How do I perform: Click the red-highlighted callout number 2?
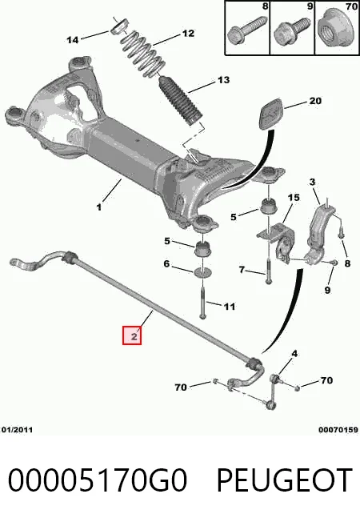(132, 336)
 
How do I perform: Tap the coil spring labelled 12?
(143, 54)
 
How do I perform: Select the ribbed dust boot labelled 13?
(181, 101)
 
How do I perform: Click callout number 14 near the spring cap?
(73, 40)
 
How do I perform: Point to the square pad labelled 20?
(272, 112)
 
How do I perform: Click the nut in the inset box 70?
(337, 28)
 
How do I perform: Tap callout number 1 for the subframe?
(99, 207)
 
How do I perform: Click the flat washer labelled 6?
(203, 272)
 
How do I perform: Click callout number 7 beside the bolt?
(242, 269)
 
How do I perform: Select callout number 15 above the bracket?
(294, 198)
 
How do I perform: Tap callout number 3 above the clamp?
(312, 182)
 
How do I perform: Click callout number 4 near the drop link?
(294, 354)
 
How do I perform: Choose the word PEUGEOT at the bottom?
(285, 480)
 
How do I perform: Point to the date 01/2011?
(18, 430)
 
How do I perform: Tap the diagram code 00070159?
(338, 430)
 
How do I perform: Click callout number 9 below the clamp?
(327, 290)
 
